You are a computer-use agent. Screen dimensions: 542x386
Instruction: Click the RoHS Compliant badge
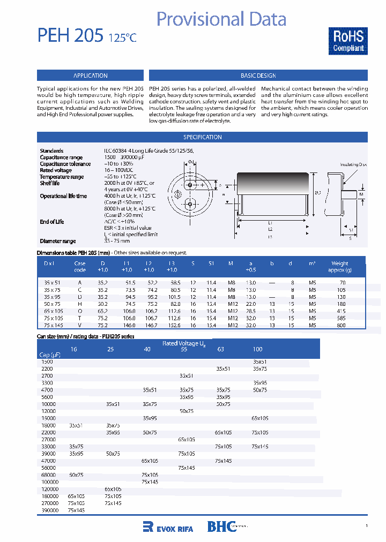348,41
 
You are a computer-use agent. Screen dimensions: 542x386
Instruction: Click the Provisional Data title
221,19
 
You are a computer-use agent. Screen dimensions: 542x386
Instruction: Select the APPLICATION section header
90,76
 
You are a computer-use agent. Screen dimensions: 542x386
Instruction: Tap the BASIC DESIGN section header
258,76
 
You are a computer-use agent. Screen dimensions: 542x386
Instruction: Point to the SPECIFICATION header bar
203,137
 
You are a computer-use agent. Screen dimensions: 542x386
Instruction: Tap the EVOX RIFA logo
168,527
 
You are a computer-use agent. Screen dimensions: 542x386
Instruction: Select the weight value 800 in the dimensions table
342,325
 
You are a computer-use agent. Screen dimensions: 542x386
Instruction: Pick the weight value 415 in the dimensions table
342,311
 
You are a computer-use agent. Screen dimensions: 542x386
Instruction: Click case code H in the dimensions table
79,304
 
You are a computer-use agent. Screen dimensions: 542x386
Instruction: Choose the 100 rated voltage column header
258,349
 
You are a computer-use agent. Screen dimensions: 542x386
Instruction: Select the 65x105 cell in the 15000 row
260,418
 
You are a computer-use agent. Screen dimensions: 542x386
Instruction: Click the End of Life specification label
52,222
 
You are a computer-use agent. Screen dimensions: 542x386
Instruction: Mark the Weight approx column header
340,266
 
